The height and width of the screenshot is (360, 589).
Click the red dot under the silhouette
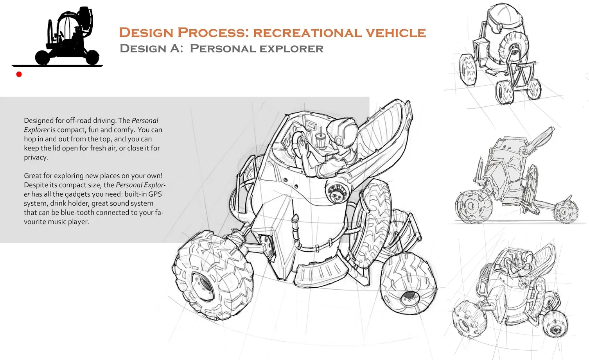pyautogui.click(x=19, y=74)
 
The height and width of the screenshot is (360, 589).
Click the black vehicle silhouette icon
pyautogui.click(x=67, y=36)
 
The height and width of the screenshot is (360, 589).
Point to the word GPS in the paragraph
pyautogui.click(x=155, y=194)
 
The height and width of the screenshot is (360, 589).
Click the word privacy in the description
pyautogui.click(x=36, y=158)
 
